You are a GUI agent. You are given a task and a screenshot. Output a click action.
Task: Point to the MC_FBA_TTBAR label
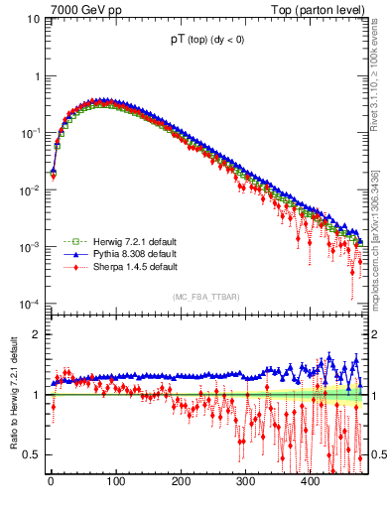click(x=203, y=297)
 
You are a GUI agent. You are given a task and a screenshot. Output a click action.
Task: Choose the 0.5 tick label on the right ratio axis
click(x=378, y=455)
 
